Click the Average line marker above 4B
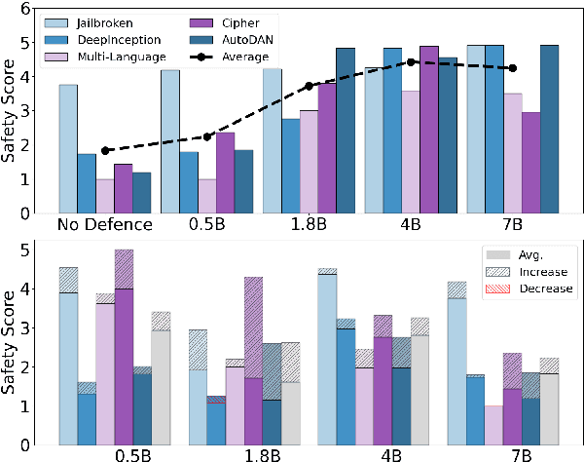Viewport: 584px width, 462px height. [412, 62]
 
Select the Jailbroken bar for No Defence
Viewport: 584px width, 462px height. [68, 148]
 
